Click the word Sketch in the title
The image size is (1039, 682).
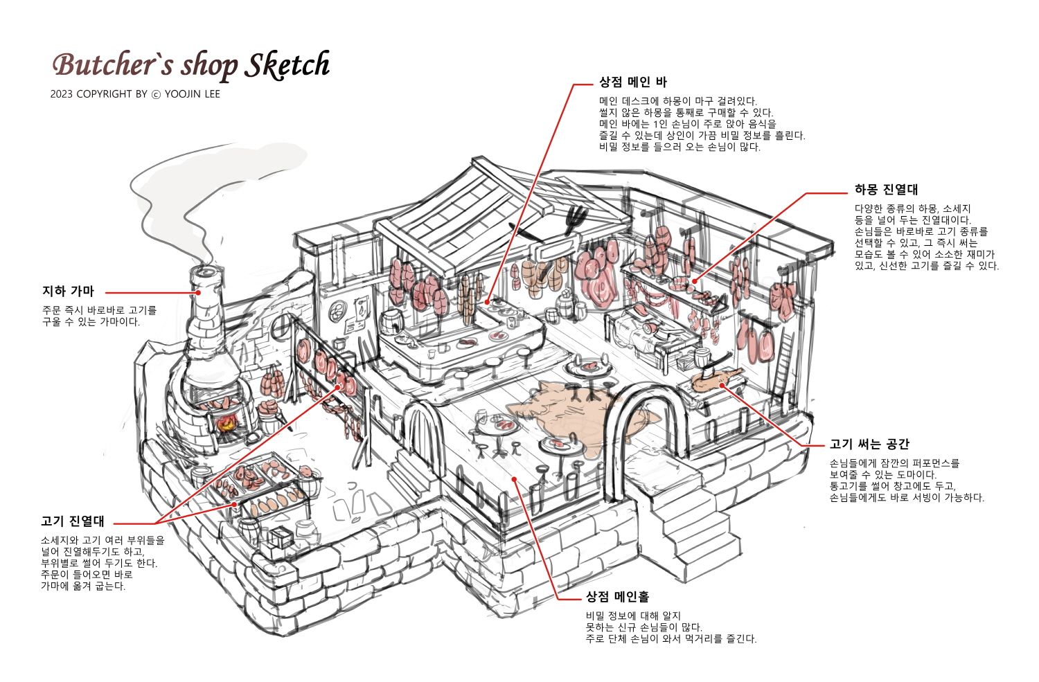287,65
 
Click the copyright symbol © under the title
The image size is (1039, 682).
157,95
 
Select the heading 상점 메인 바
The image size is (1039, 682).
632,82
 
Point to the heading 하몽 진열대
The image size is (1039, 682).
886,190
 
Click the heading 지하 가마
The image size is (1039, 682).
68,291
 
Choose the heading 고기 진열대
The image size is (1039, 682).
73,521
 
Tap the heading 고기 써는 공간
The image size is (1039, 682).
869,444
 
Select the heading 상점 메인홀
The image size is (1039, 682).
617,597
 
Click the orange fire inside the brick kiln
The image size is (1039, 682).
227,423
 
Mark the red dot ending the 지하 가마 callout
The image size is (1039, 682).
198,293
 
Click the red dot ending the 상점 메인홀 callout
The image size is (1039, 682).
515,479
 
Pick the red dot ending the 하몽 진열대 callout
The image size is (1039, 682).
694,281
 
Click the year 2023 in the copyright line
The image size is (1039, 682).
61,94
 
